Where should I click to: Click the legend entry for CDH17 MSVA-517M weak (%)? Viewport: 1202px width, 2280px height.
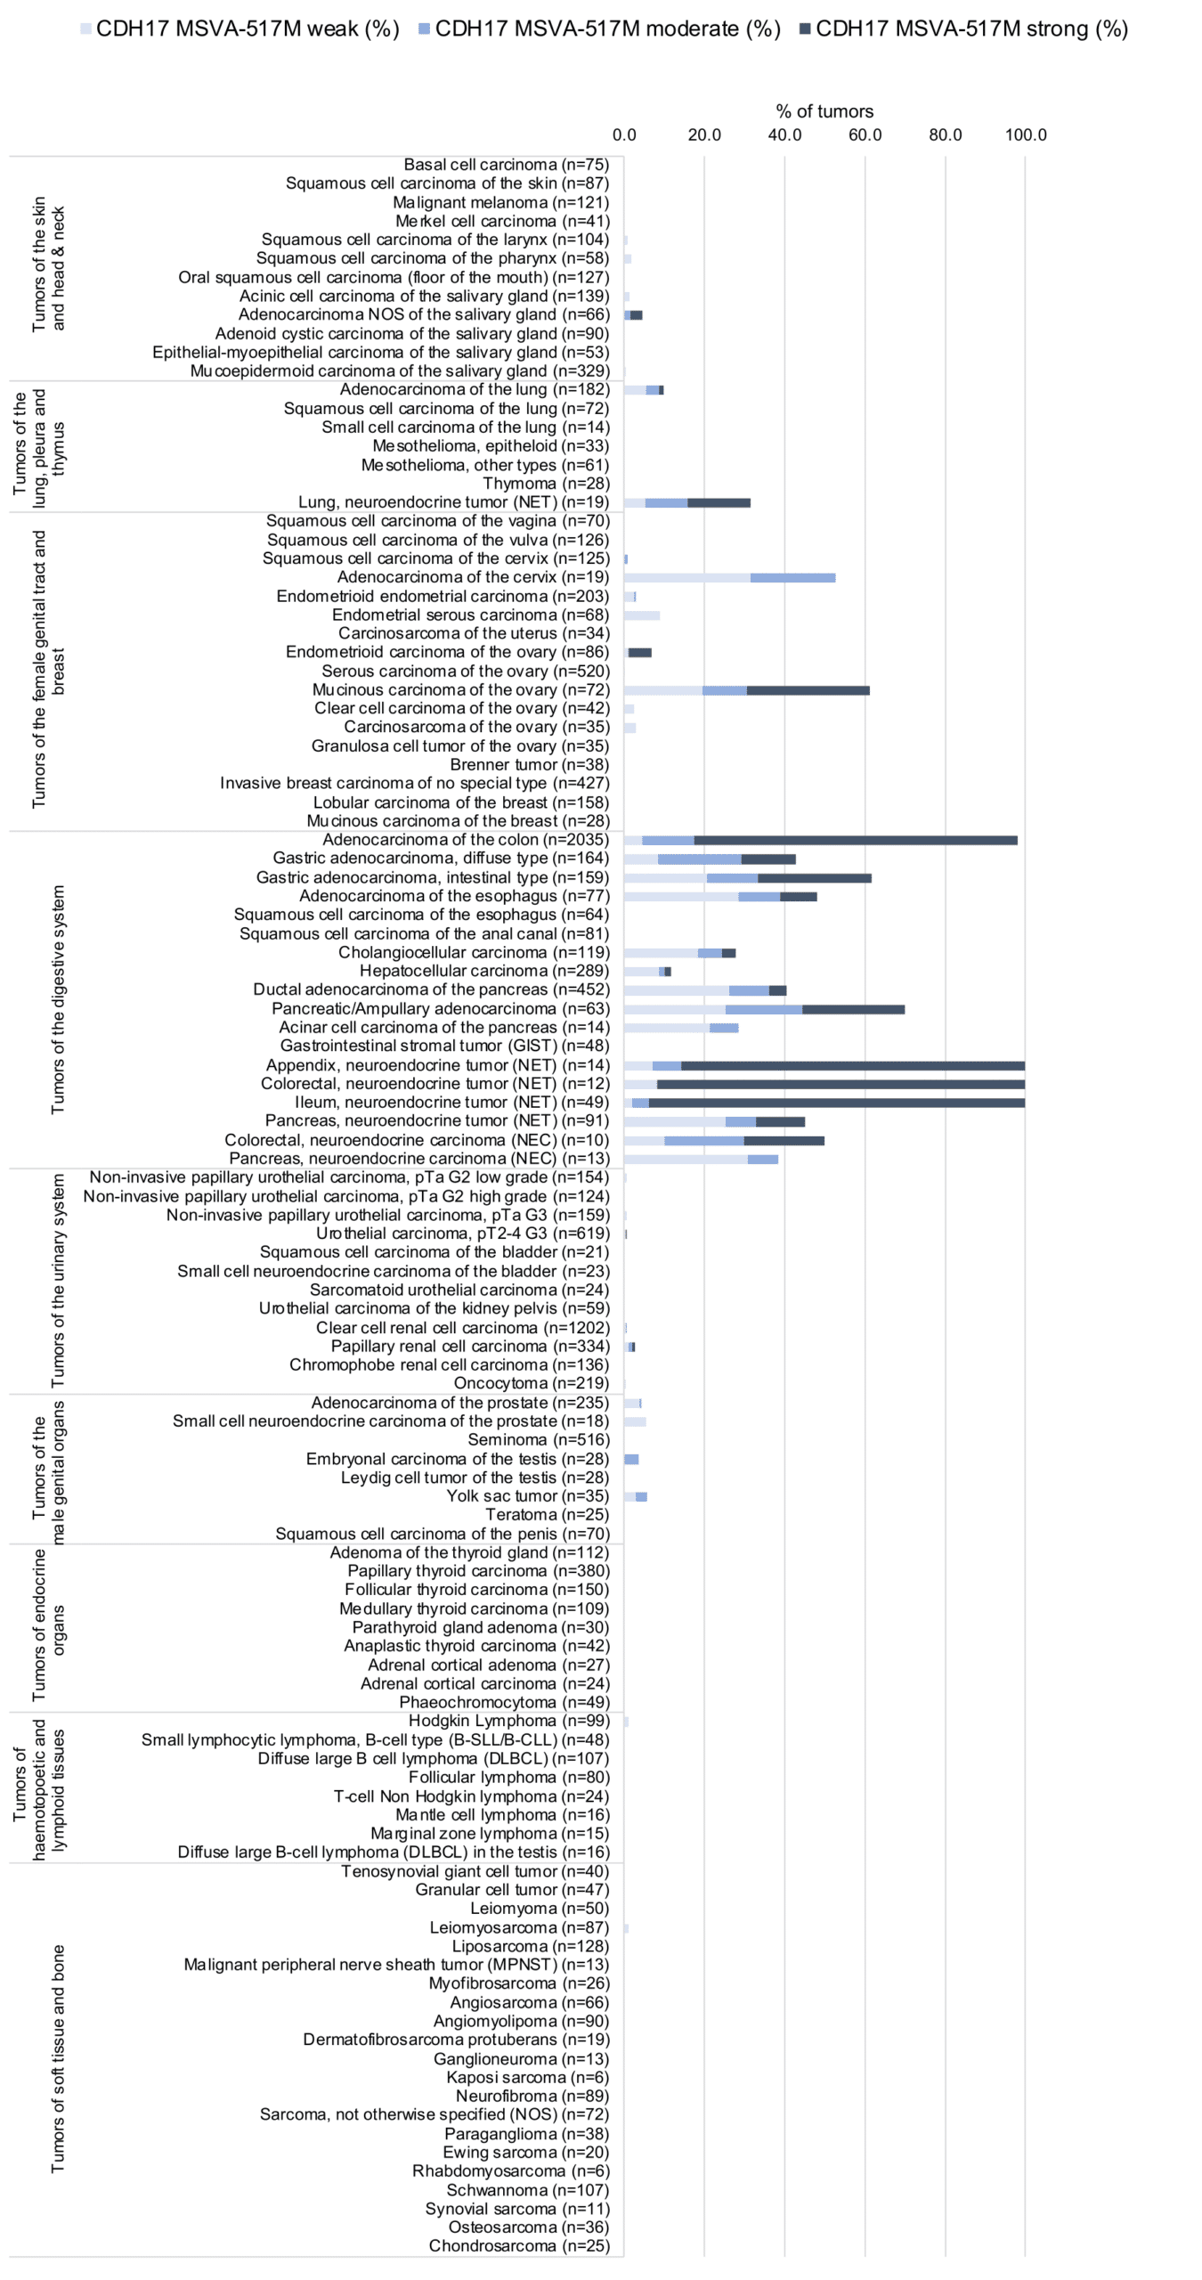click(x=240, y=29)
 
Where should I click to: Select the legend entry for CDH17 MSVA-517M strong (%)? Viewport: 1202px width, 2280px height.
click(x=964, y=29)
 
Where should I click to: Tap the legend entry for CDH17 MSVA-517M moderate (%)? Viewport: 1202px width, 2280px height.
click(x=600, y=29)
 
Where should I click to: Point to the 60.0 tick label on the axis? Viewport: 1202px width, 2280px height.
click(x=865, y=135)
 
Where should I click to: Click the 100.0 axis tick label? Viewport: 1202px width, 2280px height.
click(x=1026, y=135)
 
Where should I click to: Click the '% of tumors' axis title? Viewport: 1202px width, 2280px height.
click(x=824, y=111)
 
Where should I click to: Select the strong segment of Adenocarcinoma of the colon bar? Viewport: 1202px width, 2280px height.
click(x=856, y=841)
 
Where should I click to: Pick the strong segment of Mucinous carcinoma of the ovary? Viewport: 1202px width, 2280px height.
click(x=808, y=691)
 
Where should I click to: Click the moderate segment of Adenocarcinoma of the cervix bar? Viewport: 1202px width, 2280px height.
click(x=793, y=578)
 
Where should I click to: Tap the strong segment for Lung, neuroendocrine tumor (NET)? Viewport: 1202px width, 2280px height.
click(x=719, y=503)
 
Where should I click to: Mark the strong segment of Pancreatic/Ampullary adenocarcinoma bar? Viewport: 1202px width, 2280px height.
click(x=854, y=1010)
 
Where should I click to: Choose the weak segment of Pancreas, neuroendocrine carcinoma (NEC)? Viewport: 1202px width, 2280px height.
click(x=686, y=1160)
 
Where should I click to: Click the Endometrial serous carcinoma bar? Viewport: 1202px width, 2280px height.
click(x=642, y=615)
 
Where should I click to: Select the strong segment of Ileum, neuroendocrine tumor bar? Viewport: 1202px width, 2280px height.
click(x=837, y=1103)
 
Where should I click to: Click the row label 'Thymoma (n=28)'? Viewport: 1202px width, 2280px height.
click(x=547, y=484)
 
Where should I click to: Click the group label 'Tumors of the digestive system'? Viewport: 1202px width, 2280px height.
click(x=58, y=999)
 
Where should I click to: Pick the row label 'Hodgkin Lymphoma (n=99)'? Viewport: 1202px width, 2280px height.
click(x=509, y=1721)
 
